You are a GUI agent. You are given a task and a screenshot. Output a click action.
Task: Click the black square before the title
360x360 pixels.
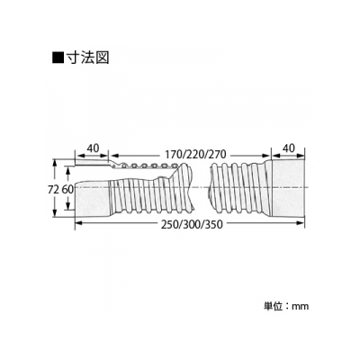[x=58, y=58]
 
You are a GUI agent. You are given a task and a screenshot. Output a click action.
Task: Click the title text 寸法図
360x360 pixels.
[x=88, y=58]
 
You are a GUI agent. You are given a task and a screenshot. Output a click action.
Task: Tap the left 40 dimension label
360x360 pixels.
[x=93, y=148]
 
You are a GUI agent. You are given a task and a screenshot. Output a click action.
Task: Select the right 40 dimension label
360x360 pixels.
[x=289, y=148]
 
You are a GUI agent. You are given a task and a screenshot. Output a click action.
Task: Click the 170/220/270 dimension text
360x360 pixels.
[x=195, y=155]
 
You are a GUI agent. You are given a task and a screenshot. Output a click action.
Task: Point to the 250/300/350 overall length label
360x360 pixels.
[x=193, y=224]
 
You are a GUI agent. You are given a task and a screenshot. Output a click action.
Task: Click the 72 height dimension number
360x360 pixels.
[x=53, y=190]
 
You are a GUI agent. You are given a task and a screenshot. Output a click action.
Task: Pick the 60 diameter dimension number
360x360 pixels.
[x=67, y=190]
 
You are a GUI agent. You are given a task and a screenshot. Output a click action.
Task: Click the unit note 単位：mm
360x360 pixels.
[x=286, y=306]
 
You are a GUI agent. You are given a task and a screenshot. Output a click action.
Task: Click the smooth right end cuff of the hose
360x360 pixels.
[x=288, y=188]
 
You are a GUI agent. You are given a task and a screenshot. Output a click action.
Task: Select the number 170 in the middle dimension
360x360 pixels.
[x=173, y=155]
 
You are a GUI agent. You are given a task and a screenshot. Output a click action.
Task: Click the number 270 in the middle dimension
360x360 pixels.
[x=218, y=155]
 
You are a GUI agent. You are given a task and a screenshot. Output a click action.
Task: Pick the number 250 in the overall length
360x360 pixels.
[x=169, y=224]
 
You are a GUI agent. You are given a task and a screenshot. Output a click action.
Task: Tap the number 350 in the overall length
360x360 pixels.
[x=215, y=224]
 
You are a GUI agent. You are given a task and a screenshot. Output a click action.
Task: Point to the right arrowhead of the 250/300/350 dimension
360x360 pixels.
[x=301, y=222]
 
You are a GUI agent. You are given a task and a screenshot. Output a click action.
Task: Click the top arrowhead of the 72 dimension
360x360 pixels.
[x=55, y=163]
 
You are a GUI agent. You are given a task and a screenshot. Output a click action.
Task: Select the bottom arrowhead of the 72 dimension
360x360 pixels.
[x=55, y=212]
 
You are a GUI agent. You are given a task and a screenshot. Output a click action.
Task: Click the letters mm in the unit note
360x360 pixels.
[x=301, y=307]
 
